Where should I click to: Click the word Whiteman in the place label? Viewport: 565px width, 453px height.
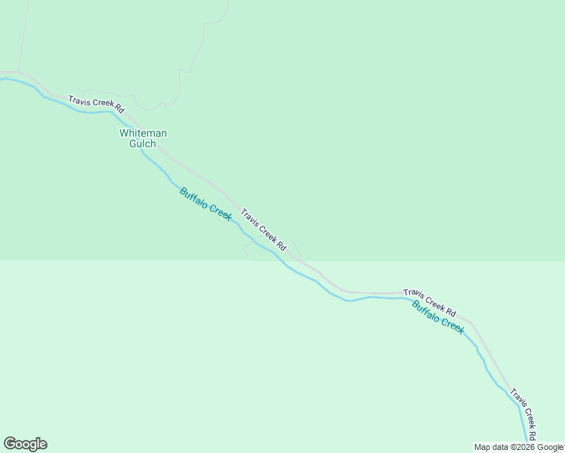(143, 134)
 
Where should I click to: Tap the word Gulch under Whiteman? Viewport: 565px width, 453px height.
(143, 143)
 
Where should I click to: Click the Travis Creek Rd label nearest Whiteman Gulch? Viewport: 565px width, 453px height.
(96, 104)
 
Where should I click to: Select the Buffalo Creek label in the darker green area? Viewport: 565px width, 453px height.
(205, 204)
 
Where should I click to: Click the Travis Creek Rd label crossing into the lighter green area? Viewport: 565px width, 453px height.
(264, 230)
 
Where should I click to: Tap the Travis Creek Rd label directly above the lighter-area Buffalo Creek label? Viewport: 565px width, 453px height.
(430, 302)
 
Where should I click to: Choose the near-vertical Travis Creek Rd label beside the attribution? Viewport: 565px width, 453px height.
(523, 414)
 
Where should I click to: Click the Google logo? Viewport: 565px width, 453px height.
(25, 444)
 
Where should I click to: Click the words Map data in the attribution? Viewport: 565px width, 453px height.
(492, 447)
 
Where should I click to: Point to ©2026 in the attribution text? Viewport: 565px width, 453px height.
(523, 447)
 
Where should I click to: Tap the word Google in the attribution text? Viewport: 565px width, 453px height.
(550, 447)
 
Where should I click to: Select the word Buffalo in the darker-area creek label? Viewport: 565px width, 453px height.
(193, 196)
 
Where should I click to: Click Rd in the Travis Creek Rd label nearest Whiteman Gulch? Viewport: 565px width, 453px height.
(119, 109)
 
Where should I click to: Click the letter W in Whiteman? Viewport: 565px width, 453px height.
(125, 134)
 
